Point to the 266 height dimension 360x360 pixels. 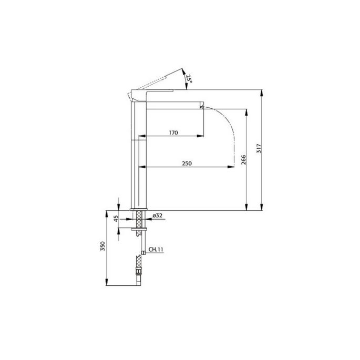pyautogui.click(x=243, y=159)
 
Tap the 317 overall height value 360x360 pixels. pyautogui.click(x=258, y=149)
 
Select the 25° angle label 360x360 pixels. pyautogui.click(x=189, y=79)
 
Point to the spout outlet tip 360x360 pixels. pyautogui.click(x=201, y=107)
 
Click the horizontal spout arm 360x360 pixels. pyautogui.click(x=173, y=104)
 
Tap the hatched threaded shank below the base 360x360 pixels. pyautogui.click(x=138, y=221)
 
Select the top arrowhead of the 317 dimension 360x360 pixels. pyautogui.click(x=262, y=92)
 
